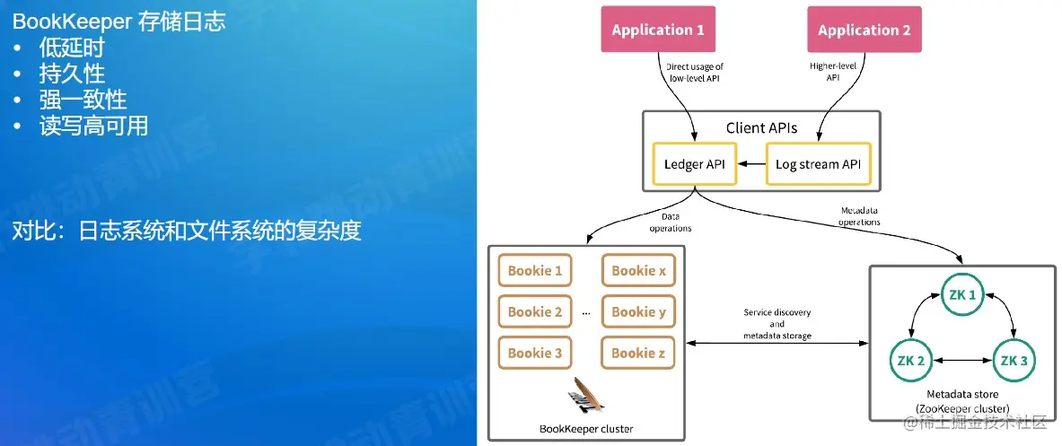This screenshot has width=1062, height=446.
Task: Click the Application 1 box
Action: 658,30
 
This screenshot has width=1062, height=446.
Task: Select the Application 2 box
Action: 864,30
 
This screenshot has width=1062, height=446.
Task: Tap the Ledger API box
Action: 695,164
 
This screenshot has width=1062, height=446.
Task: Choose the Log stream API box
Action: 819,164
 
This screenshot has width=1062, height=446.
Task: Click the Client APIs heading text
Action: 761,128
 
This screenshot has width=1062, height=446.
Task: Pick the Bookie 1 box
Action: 535,271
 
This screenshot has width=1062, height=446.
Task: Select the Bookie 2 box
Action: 535,312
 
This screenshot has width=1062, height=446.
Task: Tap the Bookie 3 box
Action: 535,353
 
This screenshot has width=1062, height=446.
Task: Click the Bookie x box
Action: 637,271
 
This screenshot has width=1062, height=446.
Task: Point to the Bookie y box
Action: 637,312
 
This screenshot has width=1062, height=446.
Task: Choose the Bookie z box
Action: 637,353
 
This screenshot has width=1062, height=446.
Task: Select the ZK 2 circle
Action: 909,361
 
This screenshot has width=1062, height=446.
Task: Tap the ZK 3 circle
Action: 1013,361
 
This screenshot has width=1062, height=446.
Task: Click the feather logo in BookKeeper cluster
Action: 585,396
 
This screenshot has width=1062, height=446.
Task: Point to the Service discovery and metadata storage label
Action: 777,324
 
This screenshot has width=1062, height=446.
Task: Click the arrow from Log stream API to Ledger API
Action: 751,164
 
